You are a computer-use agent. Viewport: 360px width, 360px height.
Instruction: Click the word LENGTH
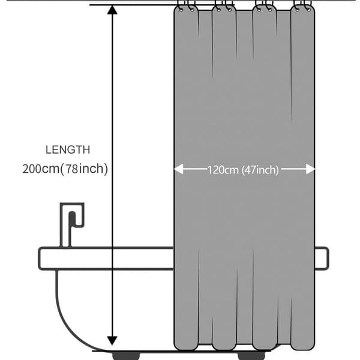pyautogui.click(x=68, y=149)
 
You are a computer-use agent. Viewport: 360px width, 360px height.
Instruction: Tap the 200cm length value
pyautogui.click(x=41, y=169)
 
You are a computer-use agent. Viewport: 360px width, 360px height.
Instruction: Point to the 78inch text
pyautogui.click(x=85, y=169)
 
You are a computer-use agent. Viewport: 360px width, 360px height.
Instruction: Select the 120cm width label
pyautogui.click(x=223, y=170)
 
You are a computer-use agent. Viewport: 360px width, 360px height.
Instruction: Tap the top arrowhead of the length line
pyautogui.click(x=112, y=10)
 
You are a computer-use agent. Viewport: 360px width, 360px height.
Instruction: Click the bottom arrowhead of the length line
pyautogui.click(x=112, y=341)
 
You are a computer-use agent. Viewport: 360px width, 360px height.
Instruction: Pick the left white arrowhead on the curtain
pyautogui.click(x=179, y=169)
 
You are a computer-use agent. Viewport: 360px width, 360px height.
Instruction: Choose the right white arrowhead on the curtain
pyautogui.click(x=310, y=169)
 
